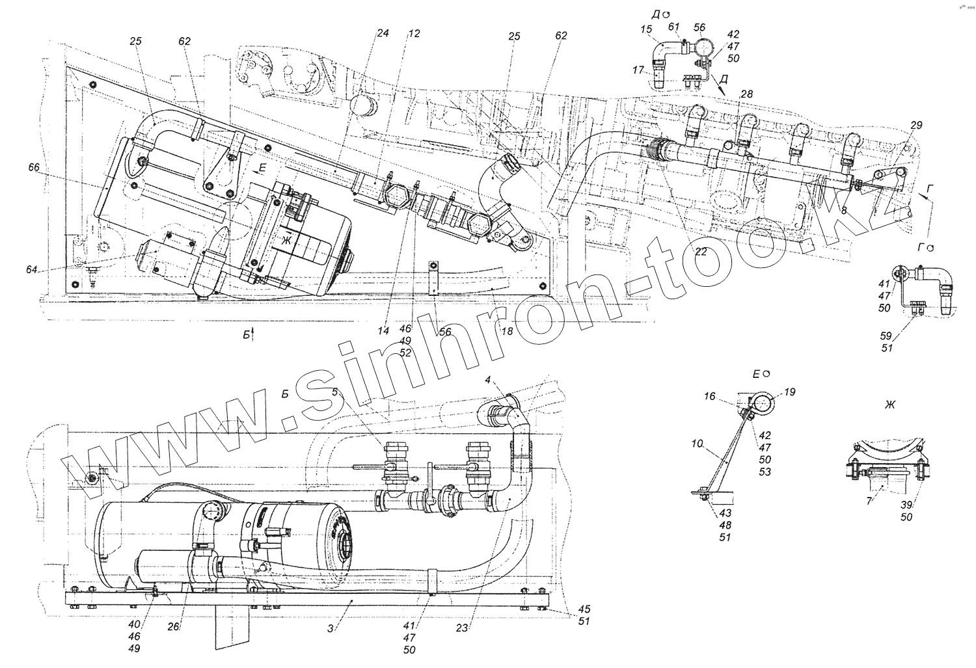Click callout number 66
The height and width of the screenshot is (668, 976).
click(34, 168)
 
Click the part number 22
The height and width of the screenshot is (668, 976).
click(700, 253)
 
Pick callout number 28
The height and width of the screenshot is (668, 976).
click(746, 95)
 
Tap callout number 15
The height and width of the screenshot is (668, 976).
click(645, 29)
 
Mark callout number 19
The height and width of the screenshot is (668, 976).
click(789, 392)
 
